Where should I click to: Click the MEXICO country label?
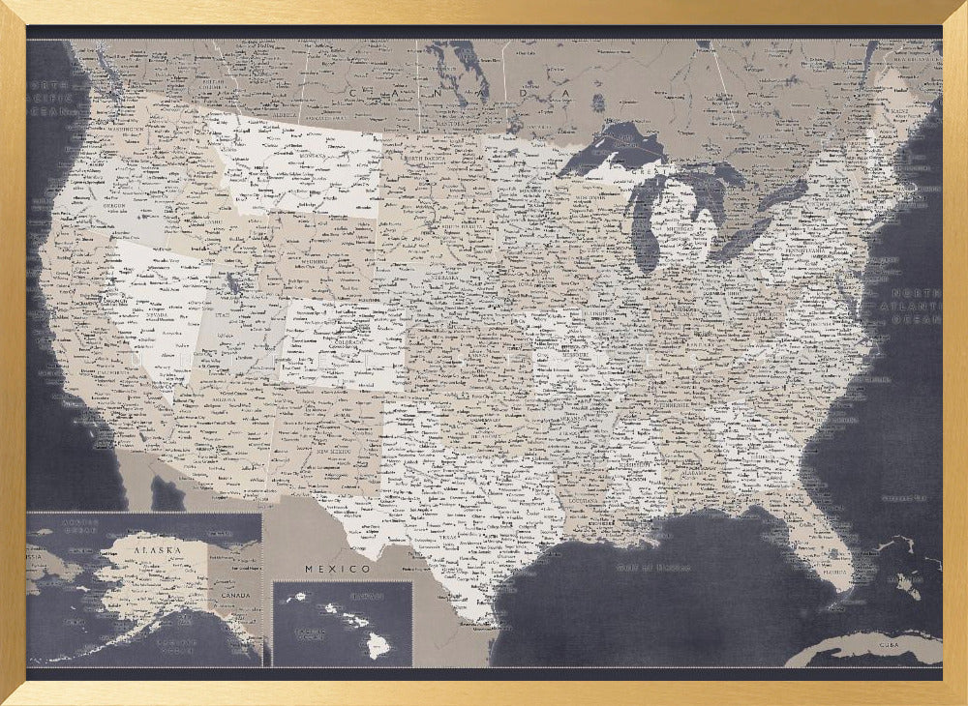pyautogui.click(x=338, y=568)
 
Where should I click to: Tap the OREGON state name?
pyautogui.click(x=114, y=202)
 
